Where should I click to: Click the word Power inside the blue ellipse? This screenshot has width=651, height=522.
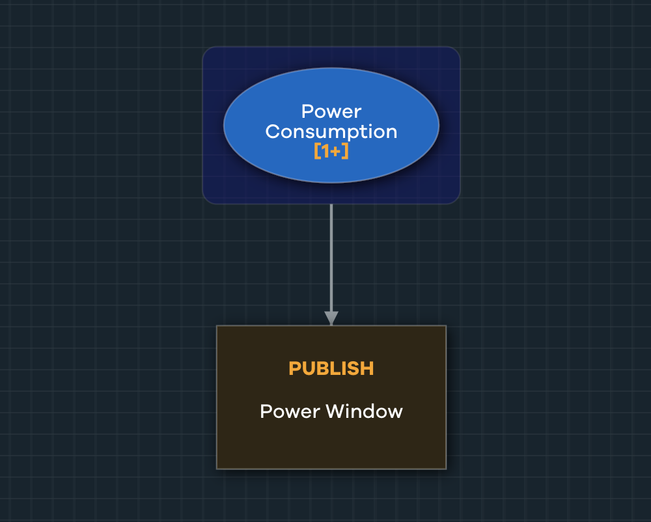click(x=331, y=112)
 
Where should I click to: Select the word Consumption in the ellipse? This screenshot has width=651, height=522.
click(x=331, y=131)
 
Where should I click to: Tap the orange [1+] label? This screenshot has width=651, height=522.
click(x=331, y=151)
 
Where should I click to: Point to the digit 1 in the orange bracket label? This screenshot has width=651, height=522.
click(x=325, y=151)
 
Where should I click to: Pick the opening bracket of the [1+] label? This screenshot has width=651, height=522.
click(x=317, y=151)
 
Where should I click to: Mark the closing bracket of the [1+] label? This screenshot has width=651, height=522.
click(x=346, y=151)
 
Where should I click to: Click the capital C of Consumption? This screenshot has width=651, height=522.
click(x=273, y=131)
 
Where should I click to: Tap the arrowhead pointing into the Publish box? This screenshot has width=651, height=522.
click(x=331, y=318)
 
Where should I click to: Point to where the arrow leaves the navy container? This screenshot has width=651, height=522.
click(x=331, y=204)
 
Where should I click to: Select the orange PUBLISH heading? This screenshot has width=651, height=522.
click(x=331, y=368)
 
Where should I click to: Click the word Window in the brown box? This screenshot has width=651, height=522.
click(x=364, y=411)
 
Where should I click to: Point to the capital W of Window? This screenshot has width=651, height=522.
click(x=335, y=411)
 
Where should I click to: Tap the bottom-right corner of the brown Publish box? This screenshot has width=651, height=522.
click(x=445, y=467)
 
